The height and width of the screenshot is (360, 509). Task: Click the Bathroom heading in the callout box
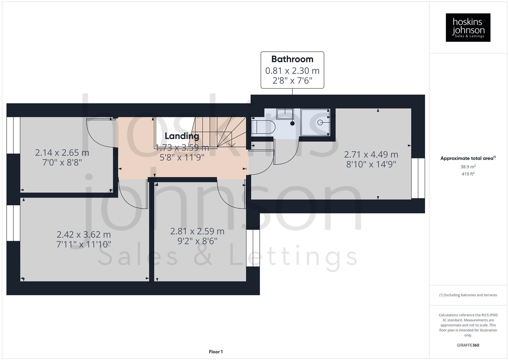point(292,59)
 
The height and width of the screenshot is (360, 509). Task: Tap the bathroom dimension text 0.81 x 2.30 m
point(292,71)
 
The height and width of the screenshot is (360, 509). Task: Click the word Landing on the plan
point(182,136)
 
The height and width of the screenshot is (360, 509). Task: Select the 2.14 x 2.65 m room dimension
point(62,153)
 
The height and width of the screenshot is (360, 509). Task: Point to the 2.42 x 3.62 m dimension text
point(84,235)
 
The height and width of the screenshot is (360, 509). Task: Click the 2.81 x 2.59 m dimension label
point(197,231)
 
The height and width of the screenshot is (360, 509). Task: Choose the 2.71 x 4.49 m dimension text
point(371,155)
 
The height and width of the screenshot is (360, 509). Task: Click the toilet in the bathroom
point(263,127)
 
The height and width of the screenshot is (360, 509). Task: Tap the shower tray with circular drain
point(315,122)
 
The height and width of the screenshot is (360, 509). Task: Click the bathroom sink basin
point(285,114)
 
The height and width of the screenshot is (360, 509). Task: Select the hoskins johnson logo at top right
point(468,28)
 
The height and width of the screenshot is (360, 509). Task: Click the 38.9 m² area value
point(468,167)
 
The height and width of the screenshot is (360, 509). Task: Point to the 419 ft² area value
point(468,174)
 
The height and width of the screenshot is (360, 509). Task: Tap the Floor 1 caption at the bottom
point(216,352)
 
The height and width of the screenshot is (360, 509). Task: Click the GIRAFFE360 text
point(468,345)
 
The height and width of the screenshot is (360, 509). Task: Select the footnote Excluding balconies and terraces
point(468,295)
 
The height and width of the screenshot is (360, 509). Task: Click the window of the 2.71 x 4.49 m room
point(418,178)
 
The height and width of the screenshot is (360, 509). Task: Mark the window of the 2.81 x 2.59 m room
point(253,248)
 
